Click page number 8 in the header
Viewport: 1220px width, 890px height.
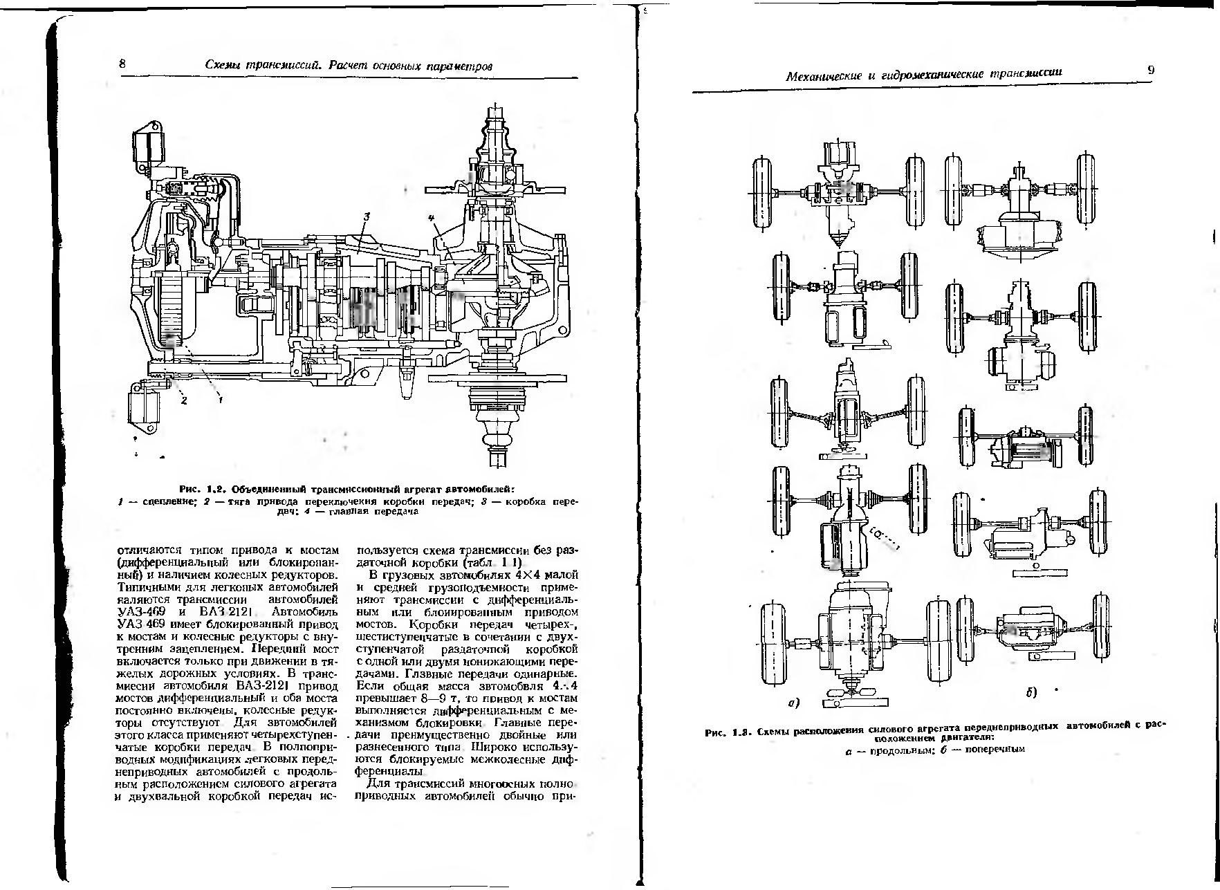[x=122, y=64]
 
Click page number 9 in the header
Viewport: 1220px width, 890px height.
[x=1151, y=69]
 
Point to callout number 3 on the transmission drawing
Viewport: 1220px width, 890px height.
[x=368, y=216]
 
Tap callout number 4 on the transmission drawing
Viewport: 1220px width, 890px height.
[x=432, y=219]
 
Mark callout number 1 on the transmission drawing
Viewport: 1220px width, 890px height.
[x=220, y=399]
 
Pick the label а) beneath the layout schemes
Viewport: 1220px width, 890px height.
[x=794, y=704]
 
